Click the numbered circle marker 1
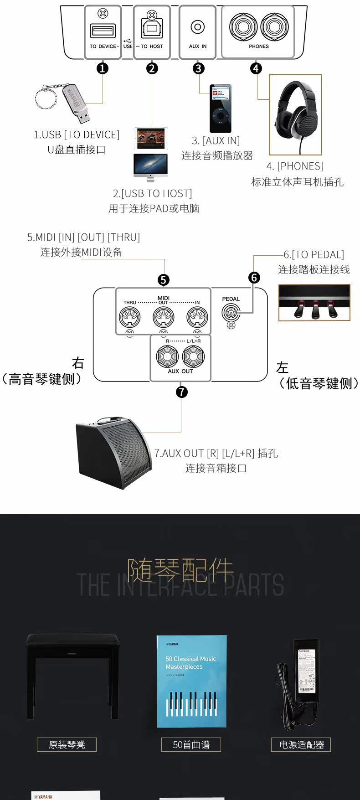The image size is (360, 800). coord(103,68)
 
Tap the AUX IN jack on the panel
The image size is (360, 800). coord(197,27)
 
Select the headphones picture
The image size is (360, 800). coord(295,115)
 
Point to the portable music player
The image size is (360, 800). coord(220,108)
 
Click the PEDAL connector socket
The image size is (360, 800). coord(231,313)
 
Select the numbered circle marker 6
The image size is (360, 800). coord(254,277)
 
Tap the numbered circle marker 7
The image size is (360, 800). coord(181,392)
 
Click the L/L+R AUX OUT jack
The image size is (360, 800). coord(193,356)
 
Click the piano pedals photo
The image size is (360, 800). coord(314,302)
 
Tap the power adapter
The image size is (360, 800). coord(301,679)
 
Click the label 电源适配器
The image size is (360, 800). coord(301,744)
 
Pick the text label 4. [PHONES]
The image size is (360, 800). coord(295,166)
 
